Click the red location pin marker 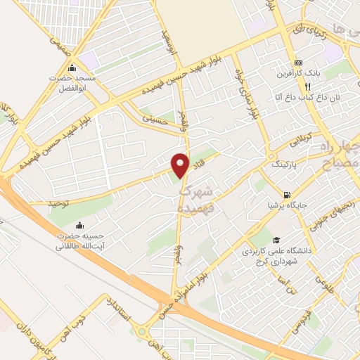point(181,165)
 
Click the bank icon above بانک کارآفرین point(299,62)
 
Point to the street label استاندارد point(117,309)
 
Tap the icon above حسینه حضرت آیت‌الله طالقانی point(79,226)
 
